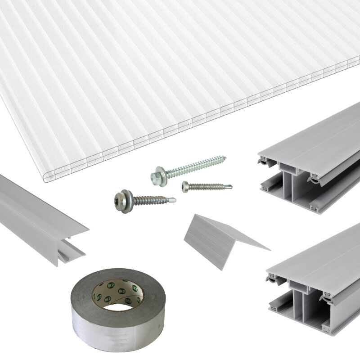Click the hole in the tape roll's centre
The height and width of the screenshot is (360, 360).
coord(118,306)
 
